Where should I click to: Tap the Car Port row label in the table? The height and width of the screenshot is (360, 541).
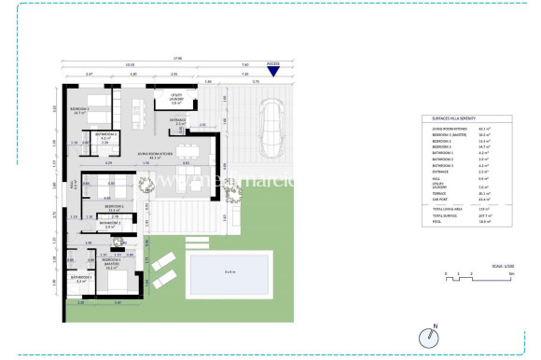[439, 199]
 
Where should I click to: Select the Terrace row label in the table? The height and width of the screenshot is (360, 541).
[439, 193]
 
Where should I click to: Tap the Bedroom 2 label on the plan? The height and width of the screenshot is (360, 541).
[117, 208]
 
